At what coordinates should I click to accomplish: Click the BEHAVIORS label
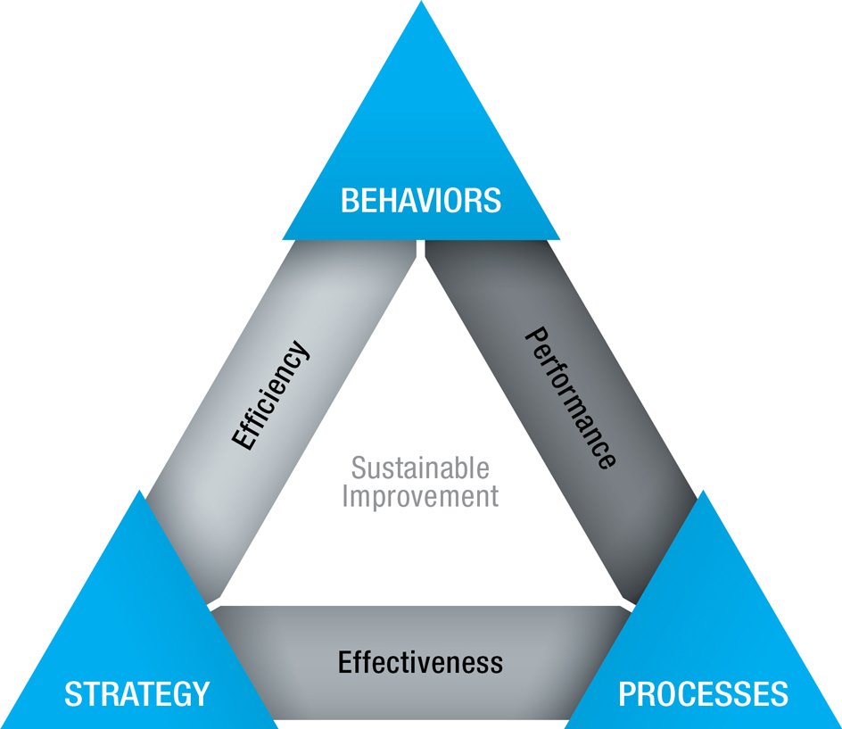(420, 200)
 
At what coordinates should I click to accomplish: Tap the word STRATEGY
(136, 693)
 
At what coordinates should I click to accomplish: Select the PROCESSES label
(704, 693)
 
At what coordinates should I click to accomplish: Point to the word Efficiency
(271, 394)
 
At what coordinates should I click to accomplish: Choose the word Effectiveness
(420, 662)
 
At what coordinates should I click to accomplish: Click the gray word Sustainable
(420, 468)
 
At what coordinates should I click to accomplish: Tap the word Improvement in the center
(420, 496)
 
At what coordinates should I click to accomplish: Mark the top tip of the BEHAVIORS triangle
(420, 4)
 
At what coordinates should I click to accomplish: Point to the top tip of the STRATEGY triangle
(140, 492)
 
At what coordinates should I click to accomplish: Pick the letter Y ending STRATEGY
(201, 693)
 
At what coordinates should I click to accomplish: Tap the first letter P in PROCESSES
(627, 693)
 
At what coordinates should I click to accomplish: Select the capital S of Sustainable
(358, 468)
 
